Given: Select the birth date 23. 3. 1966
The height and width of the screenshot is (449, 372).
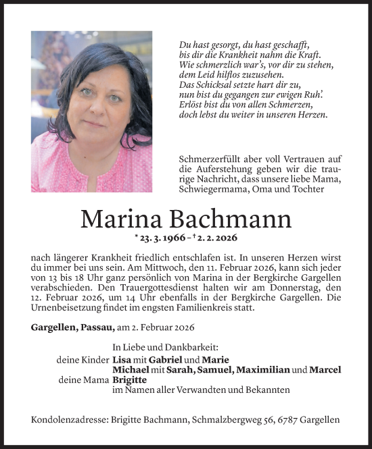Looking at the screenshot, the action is pos(162,238).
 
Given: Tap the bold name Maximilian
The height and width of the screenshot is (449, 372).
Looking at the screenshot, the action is pos(264,370).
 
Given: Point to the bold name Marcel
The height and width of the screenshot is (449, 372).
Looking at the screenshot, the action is pos(324,370).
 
